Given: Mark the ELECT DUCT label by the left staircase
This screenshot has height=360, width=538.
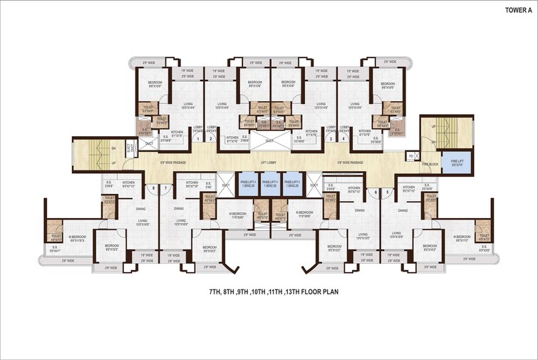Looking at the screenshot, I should pos(130,150).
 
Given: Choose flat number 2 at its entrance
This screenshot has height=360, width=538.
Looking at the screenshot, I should pos(211,139).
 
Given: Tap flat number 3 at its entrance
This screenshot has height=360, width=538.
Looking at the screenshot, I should pos(330,139).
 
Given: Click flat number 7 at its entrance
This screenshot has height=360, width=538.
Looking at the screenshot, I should pos(165,188).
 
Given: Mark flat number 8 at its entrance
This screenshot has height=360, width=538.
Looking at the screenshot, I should pos(153,188).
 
